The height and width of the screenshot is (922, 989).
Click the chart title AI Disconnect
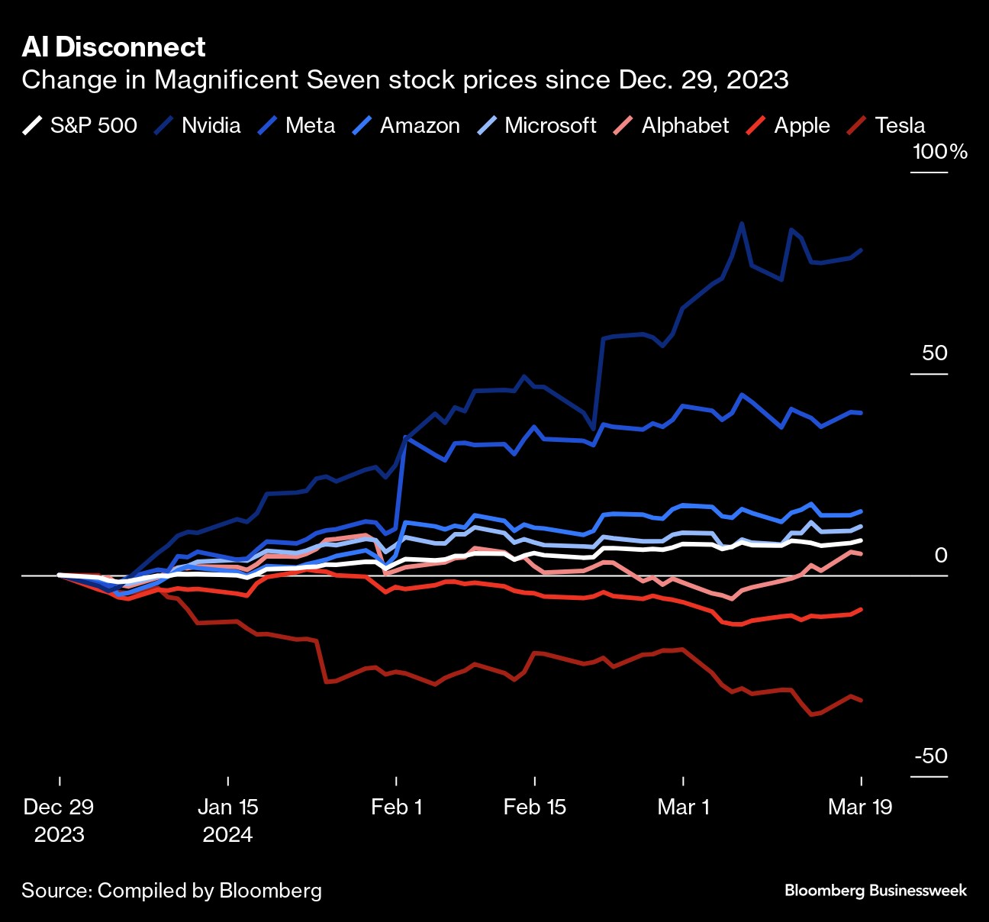pyautogui.click(x=114, y=47)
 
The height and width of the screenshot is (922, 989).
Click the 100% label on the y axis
pyautogui.click(x=939, y=151)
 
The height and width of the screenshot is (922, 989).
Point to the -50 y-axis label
pyautogui.click(x=931, y=756)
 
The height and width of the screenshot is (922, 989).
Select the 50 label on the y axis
pyautogui.click(x=934, y=353)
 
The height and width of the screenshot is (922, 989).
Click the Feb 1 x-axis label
pyautogui.click(x=396, y=807)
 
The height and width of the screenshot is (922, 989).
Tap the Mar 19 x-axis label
pyautogui.click(x=860, y=807)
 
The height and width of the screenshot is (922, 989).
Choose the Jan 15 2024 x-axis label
pyautogui.click(x=227, y=820)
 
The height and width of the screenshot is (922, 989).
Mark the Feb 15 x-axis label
pyautogui.click(x=534, y=807)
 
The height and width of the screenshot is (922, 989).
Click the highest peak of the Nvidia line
pyautogui.click(x=741, y=224)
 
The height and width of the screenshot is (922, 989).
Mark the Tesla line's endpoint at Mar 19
pyautogui.click(x=862, y=700)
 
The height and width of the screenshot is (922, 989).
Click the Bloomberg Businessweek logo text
pyautogui.click(x=875, y=890)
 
